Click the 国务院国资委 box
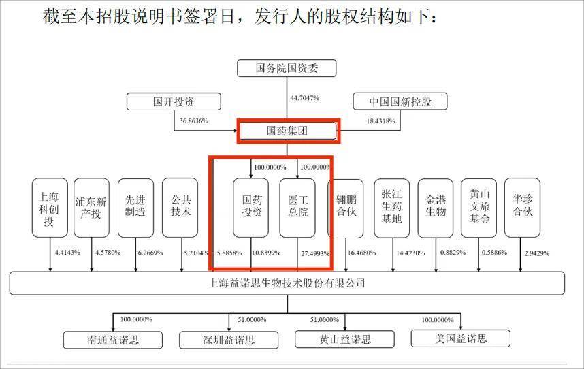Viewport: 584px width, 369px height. point(287,68)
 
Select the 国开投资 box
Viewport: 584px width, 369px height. point(174,101)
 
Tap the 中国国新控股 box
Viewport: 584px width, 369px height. point(400,101)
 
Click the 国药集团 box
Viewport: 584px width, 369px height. point(287,131)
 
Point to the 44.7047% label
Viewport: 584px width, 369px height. point(305,98)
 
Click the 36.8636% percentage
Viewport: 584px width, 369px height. point(194,121)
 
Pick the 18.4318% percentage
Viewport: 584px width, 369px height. point(380,121)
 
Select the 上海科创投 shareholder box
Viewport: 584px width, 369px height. point(50,208)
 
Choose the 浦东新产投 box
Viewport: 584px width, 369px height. point(91,208)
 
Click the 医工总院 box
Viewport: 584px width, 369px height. point(297,208)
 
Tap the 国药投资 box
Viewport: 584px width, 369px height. point(250,208)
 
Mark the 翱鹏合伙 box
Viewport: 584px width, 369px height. point(346,208)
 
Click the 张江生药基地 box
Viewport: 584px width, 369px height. point(392,208)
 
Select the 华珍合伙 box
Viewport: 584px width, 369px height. point(522,208)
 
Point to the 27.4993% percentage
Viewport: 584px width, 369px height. point(315,253)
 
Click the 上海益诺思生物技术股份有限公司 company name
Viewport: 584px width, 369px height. point(287,283)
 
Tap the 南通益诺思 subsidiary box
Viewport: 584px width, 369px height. point(113,340)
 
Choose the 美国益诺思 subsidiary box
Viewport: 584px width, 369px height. point(460,338)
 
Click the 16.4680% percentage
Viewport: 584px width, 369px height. point(361,253)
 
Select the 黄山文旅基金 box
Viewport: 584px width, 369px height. point(478,208)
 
